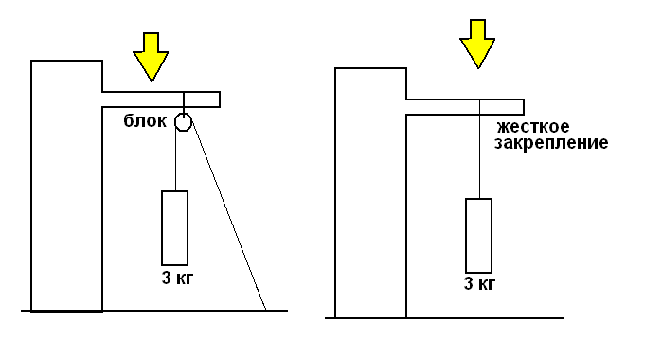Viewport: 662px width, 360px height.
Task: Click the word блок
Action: pos(145,121)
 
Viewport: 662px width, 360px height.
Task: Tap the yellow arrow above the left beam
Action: pos(151,57)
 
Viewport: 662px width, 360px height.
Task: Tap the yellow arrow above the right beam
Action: pos(477,44)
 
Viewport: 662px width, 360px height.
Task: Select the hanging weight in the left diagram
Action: pos(175,228)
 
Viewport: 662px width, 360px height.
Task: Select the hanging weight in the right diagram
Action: pos(479,236)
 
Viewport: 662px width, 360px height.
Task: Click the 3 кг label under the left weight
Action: pos(177,279)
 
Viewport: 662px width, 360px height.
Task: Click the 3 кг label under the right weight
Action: pos(479,284)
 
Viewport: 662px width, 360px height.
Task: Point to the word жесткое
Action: pos(533,127)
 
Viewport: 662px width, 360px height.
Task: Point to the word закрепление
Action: pos(551,143)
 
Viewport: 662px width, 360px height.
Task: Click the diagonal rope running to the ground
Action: pos(229,217)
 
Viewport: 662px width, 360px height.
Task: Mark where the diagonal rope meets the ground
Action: pos(266,311)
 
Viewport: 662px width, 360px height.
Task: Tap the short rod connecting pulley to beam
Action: pos(184,102)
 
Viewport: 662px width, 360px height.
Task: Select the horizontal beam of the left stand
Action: pos(161,99)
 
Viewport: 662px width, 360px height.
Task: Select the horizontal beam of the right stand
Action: pos(465,107)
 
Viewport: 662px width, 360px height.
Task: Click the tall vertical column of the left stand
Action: pos(66,186)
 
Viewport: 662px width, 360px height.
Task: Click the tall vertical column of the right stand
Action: pos(370,192)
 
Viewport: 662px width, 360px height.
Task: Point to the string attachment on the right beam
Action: pos(479,100)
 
